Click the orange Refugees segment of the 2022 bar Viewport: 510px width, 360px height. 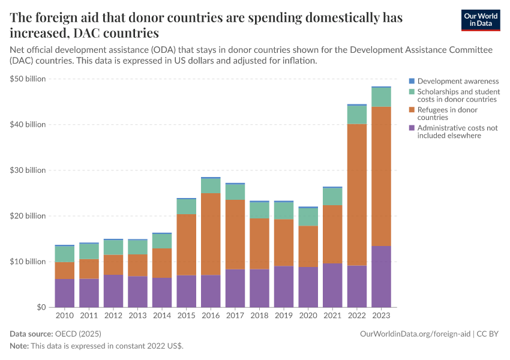pos(357,194)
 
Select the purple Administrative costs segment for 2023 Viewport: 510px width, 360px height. pos(381,276)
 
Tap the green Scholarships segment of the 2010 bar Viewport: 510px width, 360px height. pos(65,254)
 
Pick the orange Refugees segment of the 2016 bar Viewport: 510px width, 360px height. pos(211,234)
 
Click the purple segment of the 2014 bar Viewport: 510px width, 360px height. pos(162,292)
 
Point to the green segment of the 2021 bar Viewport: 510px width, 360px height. pos(332,197)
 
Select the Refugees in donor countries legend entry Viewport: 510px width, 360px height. pos(447,113)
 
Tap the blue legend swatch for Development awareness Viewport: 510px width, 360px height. pos(412,81)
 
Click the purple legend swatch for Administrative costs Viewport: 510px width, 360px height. pos(412,128)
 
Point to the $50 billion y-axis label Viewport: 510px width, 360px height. pos(28,79)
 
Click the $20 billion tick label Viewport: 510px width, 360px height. pos(28,215)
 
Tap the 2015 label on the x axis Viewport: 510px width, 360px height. pos(186,315)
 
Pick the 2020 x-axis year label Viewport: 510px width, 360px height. pos(308,315)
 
